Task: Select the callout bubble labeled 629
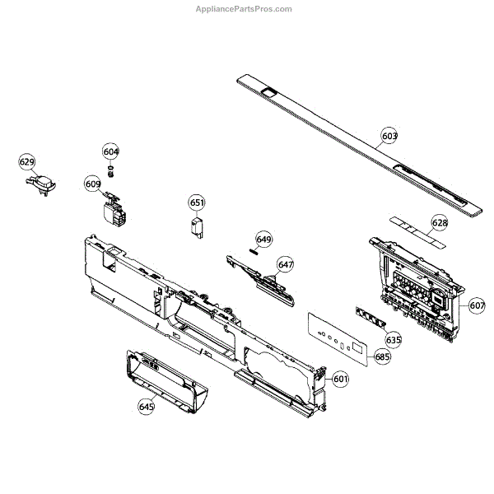click(27, 163)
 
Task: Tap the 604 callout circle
click(110, 151)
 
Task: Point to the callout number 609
click(92, 184)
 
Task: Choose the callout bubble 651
click(197, 203)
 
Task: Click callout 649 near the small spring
click(263, 240)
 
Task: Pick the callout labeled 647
click(285, 264)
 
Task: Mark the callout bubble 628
click(440, 223)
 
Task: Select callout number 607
click(478, 305)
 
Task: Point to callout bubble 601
click(340, 380)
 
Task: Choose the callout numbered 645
click(147, 406)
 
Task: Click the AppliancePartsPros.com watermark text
click(243, 9)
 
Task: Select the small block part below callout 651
click(198, 227)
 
